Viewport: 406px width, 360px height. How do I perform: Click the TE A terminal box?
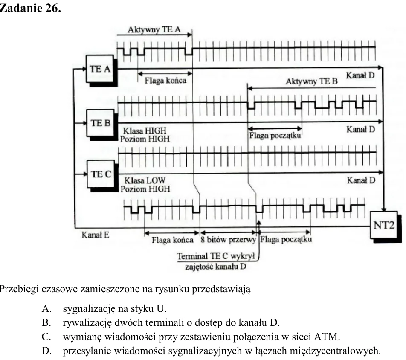tap(100, 69)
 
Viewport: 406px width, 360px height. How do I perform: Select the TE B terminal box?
tap(101, 123)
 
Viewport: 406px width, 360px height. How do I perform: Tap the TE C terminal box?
tap(101, 174)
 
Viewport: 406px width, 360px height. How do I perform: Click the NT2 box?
tap(384, 225)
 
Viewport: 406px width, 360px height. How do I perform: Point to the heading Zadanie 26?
tap(30, 8)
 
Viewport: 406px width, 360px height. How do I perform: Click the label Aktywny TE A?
tap(154, 30)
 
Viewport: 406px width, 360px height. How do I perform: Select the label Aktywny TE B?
tap(311, 81)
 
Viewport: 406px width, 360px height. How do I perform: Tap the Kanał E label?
tap(95, 235)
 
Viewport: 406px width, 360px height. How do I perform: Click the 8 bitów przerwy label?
tap(228, 240)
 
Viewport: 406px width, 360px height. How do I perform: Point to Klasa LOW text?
tap(145, 180)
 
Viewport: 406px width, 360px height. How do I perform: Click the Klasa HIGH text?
tap(145, 131)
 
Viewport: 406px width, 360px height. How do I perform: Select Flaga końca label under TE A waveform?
tap(165, 81)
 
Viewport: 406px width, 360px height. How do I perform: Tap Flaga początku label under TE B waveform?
tap(275, 136)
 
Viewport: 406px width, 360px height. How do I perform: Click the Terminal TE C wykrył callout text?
tap(216, 256)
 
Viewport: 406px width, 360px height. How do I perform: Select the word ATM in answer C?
tap(327, 337)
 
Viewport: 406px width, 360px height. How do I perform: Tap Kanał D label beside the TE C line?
tap(361, 180)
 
